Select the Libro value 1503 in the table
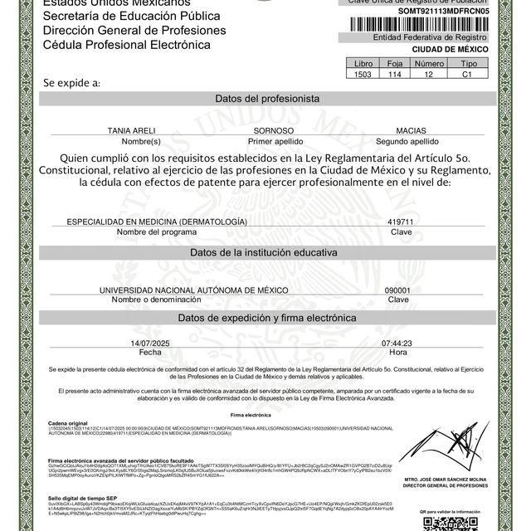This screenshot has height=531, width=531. click(x=364, y=75)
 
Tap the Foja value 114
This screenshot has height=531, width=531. click(x=396, y=75)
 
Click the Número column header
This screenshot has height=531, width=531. click(x=429, y=63)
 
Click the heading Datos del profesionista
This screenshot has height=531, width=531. click(x=267, y=99)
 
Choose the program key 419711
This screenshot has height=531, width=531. click(x=401, y=222)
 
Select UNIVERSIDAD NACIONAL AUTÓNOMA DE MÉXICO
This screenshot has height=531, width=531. click(x=193, y=290)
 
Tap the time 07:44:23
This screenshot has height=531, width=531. click(x=397, y=343)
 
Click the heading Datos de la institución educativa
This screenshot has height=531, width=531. click(x=267, y=251)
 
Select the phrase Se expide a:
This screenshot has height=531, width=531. click(x=71, y=83)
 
